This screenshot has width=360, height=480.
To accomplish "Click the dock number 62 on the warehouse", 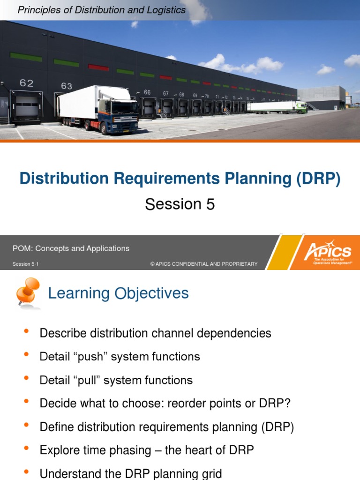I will click(26, 83).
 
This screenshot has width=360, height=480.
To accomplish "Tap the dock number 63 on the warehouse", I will click(67, 86).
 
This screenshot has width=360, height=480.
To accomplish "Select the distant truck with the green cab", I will click(300, 107).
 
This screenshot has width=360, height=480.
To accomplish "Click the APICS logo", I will click(328, 252).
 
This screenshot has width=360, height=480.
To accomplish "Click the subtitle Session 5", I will click(180, 204).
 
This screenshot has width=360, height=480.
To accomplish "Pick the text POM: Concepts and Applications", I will click(71, 248).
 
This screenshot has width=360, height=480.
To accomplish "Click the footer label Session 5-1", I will click(25, 264).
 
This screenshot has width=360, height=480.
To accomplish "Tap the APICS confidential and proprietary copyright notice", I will click(204, 264).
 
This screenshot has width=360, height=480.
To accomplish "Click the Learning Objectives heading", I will click(118, 293).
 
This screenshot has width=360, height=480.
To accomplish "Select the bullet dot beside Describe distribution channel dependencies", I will click(26, 332).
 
